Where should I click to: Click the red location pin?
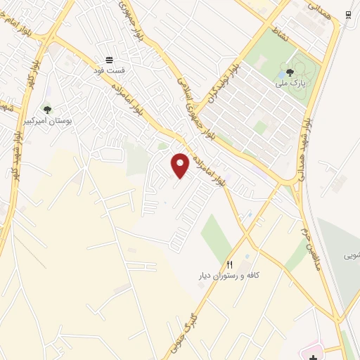[x=180, y=165]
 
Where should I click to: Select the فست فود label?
[x=110, y=71]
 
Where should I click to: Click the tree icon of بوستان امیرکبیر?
[x=47, y=109]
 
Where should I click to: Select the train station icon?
[x=348, y=15]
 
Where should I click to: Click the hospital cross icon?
[x=312, y=356]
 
